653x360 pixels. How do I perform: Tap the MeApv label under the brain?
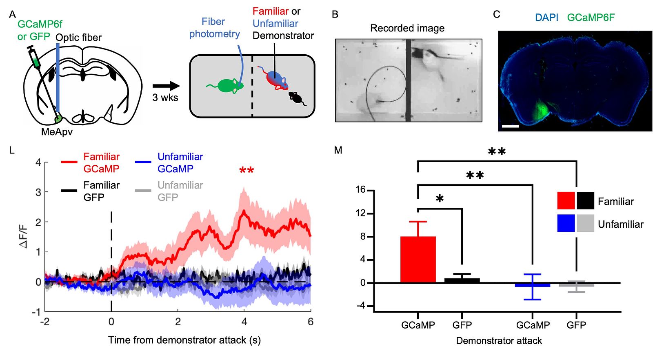click(57, 132)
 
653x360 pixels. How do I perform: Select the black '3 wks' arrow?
click(166, 86)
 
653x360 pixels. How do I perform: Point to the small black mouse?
click(296, 98)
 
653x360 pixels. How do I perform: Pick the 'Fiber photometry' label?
click(214, 28)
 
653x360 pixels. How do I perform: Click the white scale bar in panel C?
click(510, 126)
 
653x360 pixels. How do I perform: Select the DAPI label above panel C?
click(546, 18)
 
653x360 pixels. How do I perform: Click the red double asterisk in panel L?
click(247, 170)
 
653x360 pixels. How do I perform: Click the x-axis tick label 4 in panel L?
click(244, 322)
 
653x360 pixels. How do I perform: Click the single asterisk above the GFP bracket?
click(440, 199)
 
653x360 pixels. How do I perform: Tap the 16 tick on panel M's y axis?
click(360, 189)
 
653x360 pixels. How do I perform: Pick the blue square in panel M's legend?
click(566, 223)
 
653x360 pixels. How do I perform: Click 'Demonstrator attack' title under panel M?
click(499, 341)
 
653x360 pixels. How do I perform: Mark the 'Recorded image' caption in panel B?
click(407, 28)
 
